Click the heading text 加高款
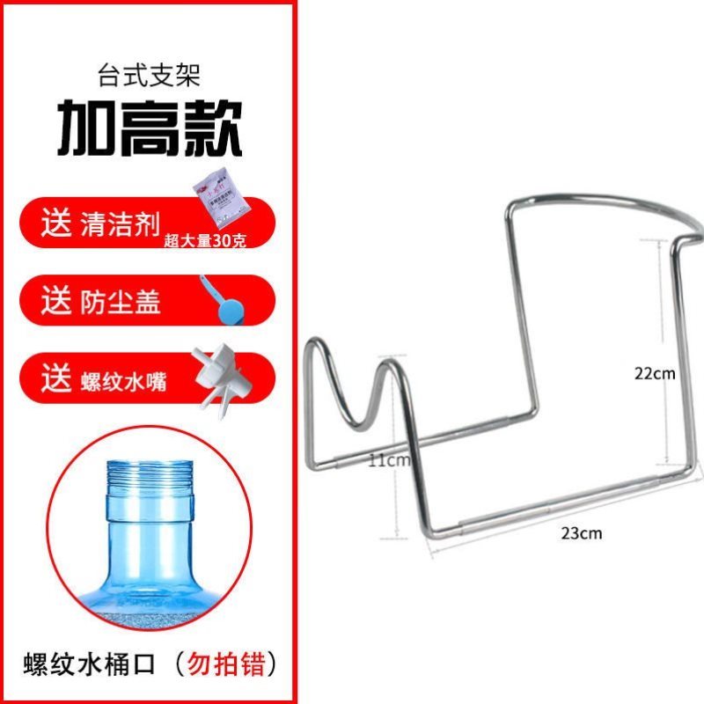point(150,129)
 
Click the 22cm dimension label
point(655,372)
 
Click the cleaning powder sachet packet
point(216,197)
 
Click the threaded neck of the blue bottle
point(150,480)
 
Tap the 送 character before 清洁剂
point(55,224)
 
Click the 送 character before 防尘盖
point(55,302)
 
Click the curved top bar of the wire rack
point(598,204)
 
